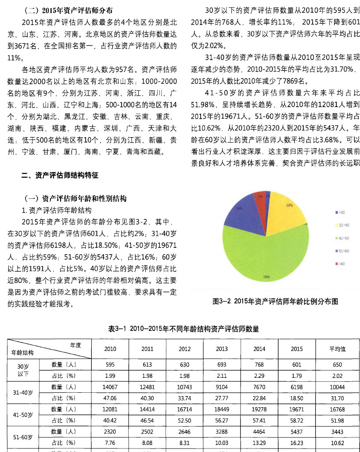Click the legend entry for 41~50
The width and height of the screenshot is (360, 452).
pos(343,238)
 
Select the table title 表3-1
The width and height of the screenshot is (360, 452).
pos(183,329)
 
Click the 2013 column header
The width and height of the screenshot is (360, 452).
pos(222,349)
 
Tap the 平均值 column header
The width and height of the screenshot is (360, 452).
pos(337,349)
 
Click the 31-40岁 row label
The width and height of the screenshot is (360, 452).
pos(22,392)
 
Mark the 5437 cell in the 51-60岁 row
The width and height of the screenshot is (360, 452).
pos(297,432)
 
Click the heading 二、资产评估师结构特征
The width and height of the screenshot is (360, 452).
pos(60,176)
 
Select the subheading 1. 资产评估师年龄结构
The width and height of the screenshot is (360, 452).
pos(57,210)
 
